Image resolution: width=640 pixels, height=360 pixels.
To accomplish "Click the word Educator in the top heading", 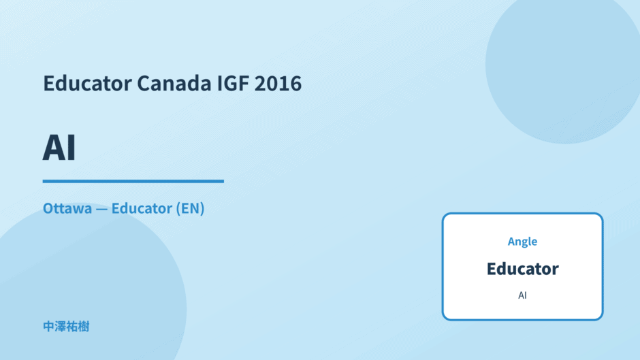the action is [87, 83].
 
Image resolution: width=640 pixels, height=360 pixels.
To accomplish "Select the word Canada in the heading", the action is [174, 83].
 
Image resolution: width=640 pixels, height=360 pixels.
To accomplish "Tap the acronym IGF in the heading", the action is [233, 83].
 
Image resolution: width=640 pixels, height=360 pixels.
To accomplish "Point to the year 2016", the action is [278, 83].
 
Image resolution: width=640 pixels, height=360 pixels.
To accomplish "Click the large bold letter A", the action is [54, 148].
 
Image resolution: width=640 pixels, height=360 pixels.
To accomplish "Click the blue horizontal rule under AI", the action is [133, 181].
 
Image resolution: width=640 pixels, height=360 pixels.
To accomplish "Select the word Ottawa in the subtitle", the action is [67, 208].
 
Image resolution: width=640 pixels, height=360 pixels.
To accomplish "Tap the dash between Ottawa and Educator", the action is [101, 209].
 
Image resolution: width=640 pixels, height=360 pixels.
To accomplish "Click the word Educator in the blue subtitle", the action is [142, 208].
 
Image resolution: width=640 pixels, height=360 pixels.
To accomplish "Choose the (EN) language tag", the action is [190, 208].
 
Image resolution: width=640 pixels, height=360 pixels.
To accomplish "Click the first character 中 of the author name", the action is [48, 327].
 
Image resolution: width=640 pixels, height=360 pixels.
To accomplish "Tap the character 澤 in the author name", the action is [61, 327].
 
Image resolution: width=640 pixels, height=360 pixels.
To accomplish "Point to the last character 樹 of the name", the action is [84, 327].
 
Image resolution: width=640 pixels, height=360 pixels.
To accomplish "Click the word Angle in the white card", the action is [522, 242].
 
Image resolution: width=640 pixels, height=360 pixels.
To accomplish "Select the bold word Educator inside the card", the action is [522, 269].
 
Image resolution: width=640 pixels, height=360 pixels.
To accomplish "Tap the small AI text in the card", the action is [522, 295].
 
